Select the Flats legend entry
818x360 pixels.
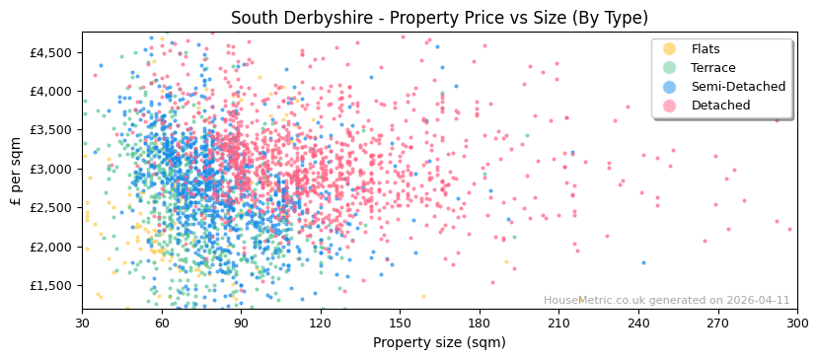706,49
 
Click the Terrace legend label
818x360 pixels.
713,68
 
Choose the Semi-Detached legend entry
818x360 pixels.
738,87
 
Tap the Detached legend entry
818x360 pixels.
719,106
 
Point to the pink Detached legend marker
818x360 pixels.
669,106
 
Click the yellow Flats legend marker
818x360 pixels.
669,49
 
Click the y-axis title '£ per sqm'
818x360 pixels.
16,171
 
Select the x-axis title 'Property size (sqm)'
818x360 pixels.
439,342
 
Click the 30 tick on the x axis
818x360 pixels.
82,323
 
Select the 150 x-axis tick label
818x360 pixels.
400,323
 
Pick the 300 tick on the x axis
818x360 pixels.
796,323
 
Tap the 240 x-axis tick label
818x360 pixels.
637,323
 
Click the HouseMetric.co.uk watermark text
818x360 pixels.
666,301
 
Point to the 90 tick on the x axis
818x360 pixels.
241,323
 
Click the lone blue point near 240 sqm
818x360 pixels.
643,262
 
